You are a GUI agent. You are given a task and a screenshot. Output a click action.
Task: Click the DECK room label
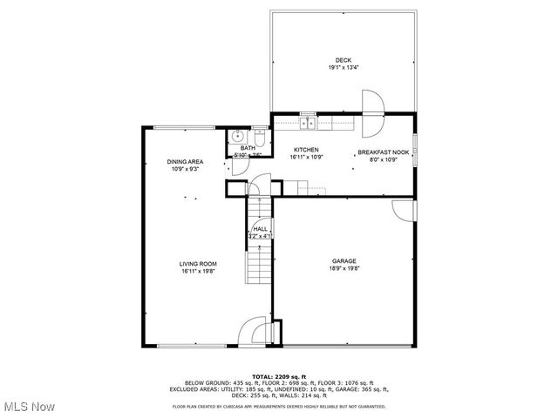[x=344, y=60]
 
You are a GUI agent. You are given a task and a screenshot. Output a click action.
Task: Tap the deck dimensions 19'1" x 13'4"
[x=344, y=67]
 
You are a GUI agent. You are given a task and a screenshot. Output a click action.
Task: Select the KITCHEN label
[x=305, y=150]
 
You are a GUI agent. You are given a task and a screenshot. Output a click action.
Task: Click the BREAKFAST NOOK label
[x=383, y=152]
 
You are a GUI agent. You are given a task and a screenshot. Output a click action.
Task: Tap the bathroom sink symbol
[x=238, y=137]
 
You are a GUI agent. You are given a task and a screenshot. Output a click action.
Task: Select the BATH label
[x=248, y=148]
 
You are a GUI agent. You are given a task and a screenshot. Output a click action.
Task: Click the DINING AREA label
[x=185, y=162]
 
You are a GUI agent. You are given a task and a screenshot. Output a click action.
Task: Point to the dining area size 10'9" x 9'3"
[x=185, y=169]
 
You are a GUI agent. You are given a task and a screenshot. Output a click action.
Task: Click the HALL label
[x=261, y=228]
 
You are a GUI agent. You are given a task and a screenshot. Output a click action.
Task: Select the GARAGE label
[x=344, y=260]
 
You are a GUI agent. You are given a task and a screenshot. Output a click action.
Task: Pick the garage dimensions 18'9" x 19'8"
[x=344, y=268]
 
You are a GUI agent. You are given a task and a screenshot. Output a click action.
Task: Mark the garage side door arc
[x=404, y=210]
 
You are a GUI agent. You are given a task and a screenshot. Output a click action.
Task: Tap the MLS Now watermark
[x=29, y=407]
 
